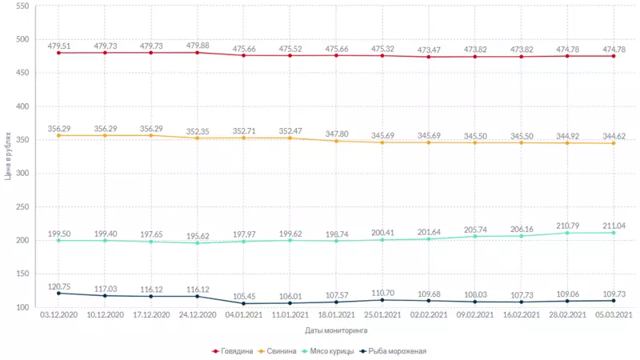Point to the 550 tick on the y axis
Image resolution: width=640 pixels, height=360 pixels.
point(22,6)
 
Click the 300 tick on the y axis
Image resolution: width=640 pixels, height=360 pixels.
point(22,174)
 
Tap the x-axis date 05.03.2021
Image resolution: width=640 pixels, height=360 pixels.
point(614,317)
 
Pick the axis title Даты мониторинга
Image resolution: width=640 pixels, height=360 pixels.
point(336,330)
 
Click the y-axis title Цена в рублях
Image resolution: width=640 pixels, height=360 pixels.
point(8,157)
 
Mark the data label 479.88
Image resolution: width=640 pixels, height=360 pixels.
point(196,46)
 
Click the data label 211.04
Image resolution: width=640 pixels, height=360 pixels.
point(614,226)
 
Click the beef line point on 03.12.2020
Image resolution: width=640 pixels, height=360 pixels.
point(58,53)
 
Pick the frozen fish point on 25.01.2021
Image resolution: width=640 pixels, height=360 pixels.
point(382,300)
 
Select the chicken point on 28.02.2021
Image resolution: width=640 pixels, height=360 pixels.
point(567,233)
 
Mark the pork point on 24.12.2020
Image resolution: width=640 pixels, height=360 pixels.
point(197,138)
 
